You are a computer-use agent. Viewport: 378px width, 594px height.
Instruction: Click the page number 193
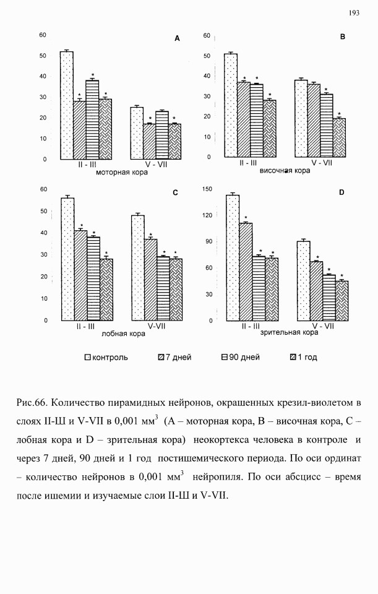(354, 13)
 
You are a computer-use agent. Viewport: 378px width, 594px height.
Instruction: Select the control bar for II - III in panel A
(67, 105)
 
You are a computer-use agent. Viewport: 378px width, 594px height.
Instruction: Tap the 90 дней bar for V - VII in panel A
(161, 136)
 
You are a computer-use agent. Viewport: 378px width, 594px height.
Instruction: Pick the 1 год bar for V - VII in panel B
(339, 138)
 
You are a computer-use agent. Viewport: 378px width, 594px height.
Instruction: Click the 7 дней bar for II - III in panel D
(246, 272)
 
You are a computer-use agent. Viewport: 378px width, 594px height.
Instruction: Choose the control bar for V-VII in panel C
(137, 268)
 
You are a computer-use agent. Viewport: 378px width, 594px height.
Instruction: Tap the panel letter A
(177, 38)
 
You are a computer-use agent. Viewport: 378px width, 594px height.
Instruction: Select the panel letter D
(341, 192)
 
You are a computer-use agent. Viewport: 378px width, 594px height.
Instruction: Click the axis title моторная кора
(122, 173)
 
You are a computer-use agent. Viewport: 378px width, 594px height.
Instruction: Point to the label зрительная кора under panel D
(289, 332)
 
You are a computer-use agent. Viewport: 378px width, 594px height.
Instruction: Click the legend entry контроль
(106, 357)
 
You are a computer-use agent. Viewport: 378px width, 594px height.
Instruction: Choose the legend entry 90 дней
(241, 357)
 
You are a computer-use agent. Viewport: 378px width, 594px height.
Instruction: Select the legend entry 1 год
(303, 357)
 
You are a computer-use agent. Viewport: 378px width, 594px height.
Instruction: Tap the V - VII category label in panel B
(322, 163)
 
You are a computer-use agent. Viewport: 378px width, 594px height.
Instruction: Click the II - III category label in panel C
(85, 327)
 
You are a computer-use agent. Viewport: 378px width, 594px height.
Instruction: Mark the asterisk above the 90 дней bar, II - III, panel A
(92, 75)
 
